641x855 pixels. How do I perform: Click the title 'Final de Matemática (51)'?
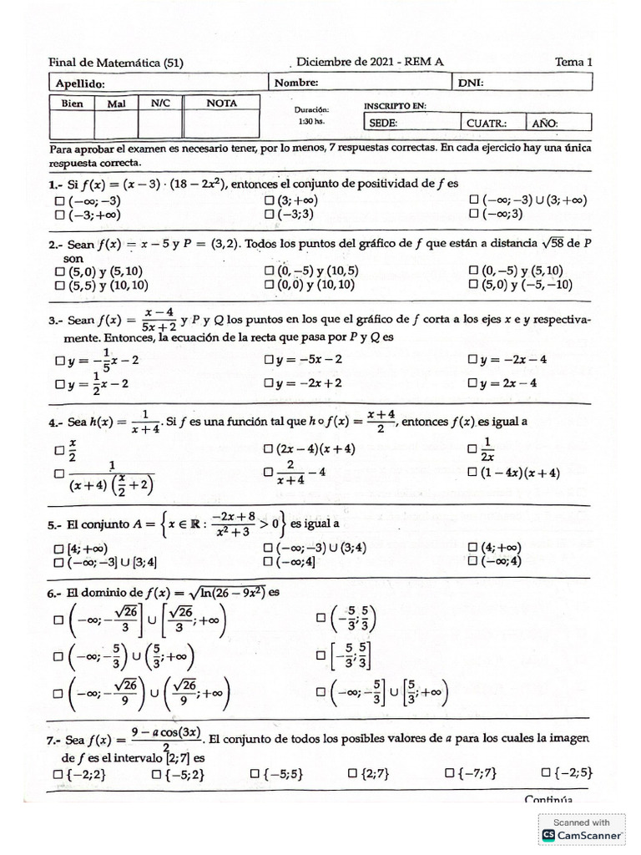click(116, 63)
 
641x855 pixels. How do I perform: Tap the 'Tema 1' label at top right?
click(573, 62)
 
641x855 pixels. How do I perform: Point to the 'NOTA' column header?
click(221, 104)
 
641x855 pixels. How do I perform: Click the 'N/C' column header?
click(160, 104)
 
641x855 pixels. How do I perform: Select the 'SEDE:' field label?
click(385, 122)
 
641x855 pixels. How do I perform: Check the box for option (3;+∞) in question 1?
click(270, 201)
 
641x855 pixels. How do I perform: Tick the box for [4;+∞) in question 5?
click(58, 549)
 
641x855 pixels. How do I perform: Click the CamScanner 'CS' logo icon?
click(548, 835)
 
